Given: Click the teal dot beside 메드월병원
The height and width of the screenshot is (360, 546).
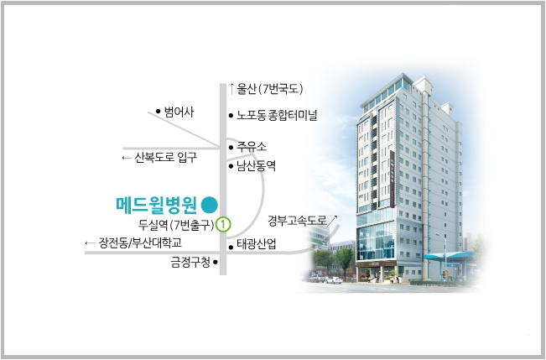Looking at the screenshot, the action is tap(210, 205).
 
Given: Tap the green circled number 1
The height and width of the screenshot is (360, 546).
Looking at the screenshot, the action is tap(223, 224).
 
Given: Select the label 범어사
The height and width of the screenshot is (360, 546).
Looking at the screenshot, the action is tap(179, 112).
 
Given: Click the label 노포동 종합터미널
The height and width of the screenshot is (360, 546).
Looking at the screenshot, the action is tap(277, 115).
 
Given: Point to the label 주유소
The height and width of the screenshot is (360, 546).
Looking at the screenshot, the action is tap(252, 146).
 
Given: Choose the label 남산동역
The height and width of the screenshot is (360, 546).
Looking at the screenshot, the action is tap(257, 165).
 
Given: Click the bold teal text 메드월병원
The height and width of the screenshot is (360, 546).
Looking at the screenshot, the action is tap(157, 205).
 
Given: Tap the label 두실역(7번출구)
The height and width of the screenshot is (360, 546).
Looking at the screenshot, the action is tap(176, 225).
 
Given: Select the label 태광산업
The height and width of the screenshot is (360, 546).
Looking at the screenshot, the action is tap(257, 244).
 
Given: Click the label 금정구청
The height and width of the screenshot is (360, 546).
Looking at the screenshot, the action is tap(190, 262).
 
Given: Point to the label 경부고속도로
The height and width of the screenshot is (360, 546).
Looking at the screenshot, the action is tap(297, 220).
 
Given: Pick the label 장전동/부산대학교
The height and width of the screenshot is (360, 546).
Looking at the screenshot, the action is tap(140, 243).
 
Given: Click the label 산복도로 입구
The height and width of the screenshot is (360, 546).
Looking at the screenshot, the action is tap(166, 158).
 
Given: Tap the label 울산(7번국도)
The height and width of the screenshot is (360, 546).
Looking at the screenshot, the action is tap(270, 89).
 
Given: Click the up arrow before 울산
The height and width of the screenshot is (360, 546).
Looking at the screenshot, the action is tap(231, 89).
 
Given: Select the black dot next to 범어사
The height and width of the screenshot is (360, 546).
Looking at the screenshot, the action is tap(158, 111).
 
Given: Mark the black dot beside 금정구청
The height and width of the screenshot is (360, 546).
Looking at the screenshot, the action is tap(216, 262).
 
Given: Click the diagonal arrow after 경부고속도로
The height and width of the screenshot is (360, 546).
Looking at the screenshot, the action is tap(332, 221).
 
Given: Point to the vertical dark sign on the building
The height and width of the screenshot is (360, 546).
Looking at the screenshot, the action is tap(392, 179).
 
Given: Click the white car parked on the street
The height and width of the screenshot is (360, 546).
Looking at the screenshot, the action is tap(334, 279).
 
